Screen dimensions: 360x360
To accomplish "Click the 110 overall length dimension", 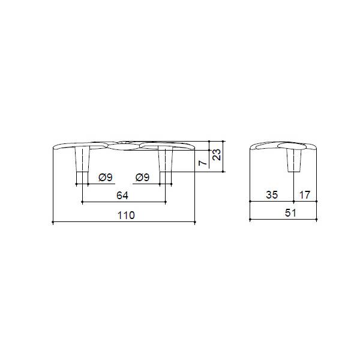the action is (x=126, y=215).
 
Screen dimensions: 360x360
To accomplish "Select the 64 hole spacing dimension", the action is (x=122, y=196).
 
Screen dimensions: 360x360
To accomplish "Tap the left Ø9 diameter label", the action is (x=106, y=177).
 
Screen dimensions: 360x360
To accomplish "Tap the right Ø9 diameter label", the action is (x=142, y=177).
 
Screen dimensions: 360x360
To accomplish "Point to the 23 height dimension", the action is (x=217, y=154).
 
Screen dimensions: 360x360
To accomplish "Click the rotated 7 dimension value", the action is (x=203, y=163).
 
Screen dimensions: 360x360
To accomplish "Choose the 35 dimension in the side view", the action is (x=272, y=194).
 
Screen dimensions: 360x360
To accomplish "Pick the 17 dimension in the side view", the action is (x=305, y=195).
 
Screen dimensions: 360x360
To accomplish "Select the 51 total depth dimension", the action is (x=290, y=213).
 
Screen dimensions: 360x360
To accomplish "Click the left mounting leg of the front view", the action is (x=82, y=159).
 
